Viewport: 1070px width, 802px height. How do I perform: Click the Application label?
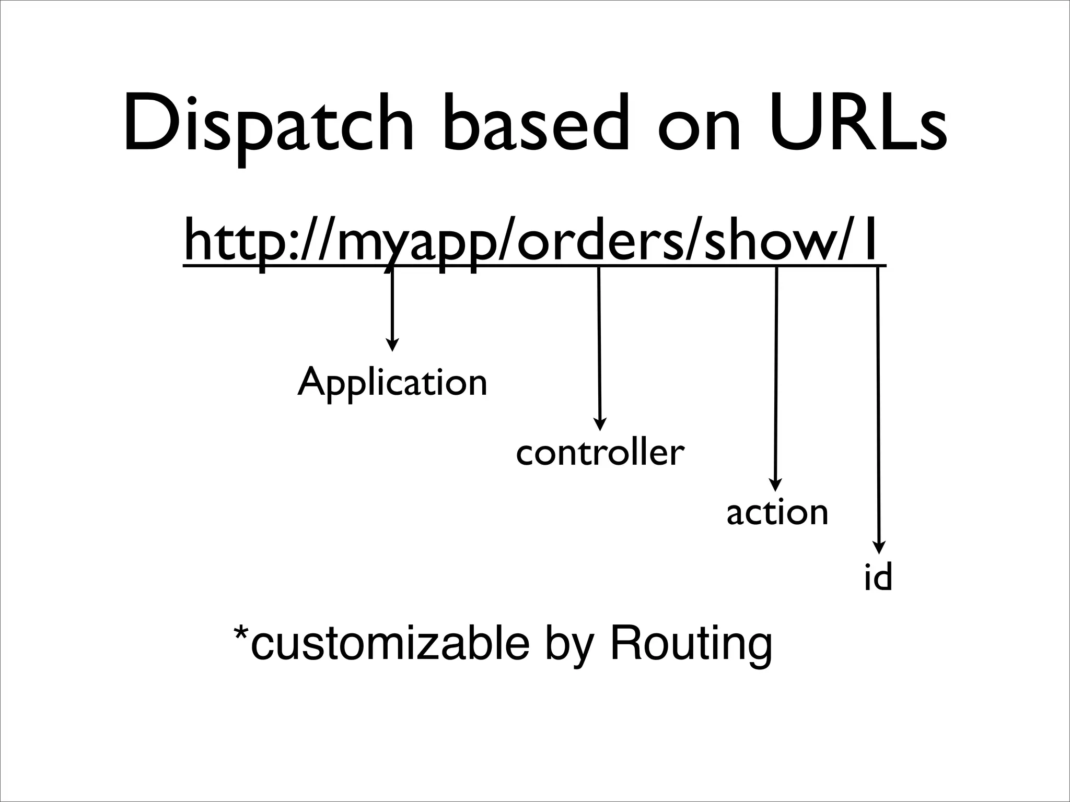coord(392,382)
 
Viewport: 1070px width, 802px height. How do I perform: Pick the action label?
coord(777,513)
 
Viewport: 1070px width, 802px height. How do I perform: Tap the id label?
coord(878,577)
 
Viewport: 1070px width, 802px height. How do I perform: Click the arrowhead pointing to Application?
coord(392,345)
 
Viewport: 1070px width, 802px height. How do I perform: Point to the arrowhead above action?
coord(776,485)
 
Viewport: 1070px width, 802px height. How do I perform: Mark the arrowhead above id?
coord(879,547)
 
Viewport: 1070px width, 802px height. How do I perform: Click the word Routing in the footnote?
coord(691,644)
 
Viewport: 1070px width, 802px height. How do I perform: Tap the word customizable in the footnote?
coord(390,644)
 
